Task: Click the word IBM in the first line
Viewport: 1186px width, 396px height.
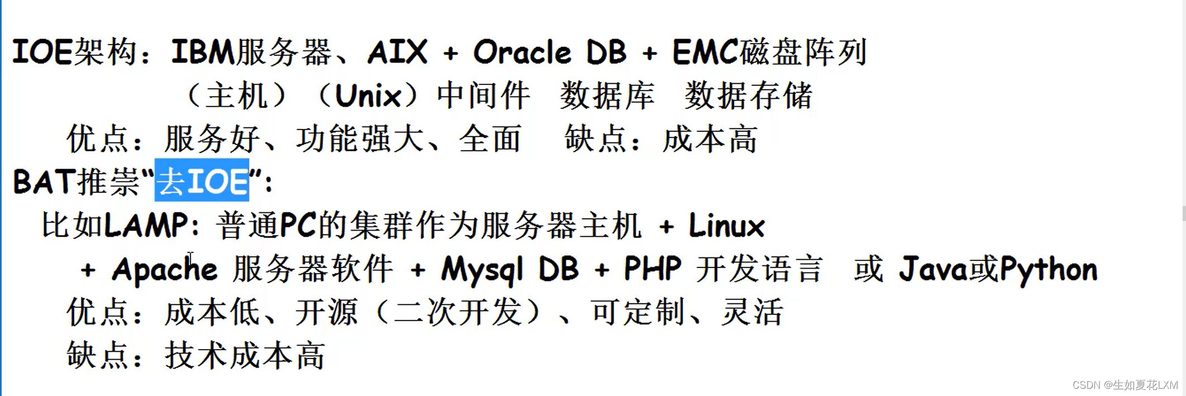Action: tap(203, 53)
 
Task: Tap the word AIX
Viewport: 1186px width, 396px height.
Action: tap(398, 53)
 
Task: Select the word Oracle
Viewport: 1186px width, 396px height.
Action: tap(522, 53)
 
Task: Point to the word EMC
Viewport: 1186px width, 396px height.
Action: tap(706, 53)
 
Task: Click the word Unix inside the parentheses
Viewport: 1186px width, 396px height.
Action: tap(368, 96)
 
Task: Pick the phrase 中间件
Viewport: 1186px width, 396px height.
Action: tap(483, 96)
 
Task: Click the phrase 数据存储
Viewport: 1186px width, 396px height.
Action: tap(749, 96)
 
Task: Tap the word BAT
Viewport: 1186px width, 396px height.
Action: tap(44, 182)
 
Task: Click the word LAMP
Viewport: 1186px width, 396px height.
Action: tap(146, 226)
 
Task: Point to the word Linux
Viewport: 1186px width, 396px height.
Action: tap(726, 226)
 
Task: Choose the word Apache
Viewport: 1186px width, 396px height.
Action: tap(164, 270)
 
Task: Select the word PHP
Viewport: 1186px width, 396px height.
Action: tap(652, 269)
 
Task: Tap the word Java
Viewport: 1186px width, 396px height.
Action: tap(932, 269)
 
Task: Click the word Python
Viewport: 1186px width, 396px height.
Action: tap(1048, 269)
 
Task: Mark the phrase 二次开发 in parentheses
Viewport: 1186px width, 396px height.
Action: tap(458, 312)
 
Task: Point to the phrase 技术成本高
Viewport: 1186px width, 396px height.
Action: tap(245, 356)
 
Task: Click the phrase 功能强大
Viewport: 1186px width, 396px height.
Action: tap(360, 139)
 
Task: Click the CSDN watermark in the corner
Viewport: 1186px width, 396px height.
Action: tap(1125, 385)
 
